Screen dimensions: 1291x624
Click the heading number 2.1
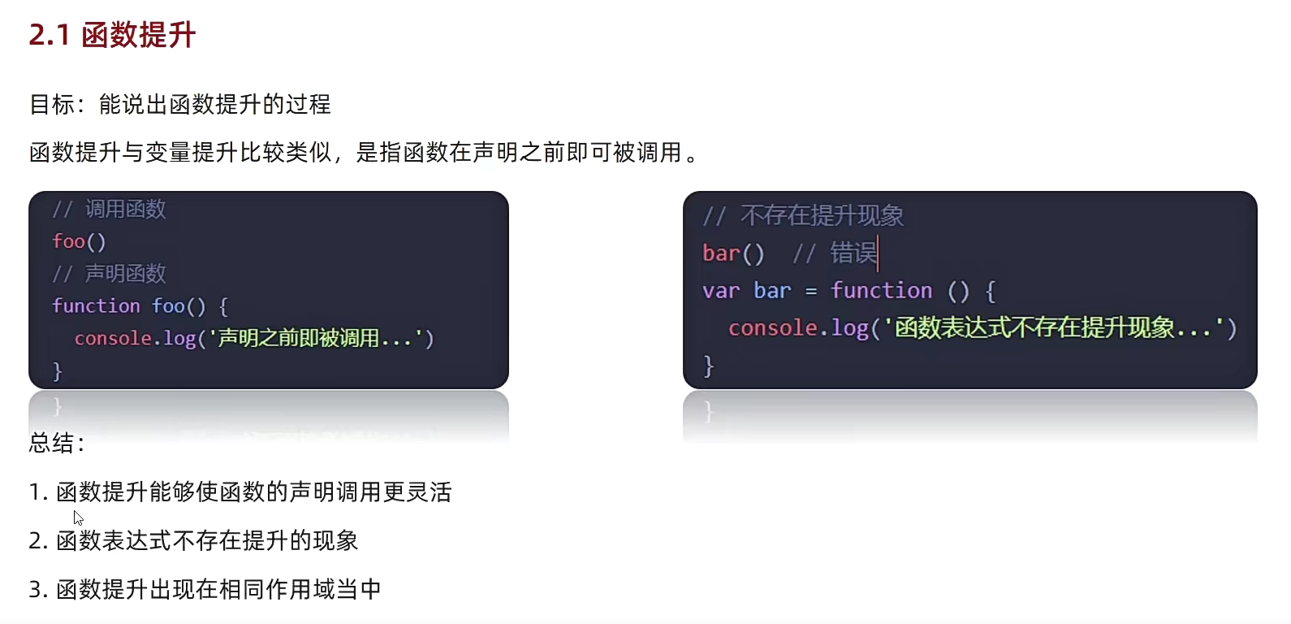tap(49, 35)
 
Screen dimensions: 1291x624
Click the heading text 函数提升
tap(139, 35)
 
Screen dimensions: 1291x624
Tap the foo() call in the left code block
tap(79, 241)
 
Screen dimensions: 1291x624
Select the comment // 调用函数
tap(110, 209)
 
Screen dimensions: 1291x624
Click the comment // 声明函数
tap(110, 274)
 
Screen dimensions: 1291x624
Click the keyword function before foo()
tap(96, 305)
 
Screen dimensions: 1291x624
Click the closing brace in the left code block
tap(57, 371)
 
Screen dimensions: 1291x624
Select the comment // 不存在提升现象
tap(803, 215)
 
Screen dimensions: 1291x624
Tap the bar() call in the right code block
tap(733, 253)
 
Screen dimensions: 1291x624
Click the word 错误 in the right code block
tap(853, 253)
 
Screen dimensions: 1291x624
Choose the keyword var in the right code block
tap(721, 291)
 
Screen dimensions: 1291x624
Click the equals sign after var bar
tap(810, 291)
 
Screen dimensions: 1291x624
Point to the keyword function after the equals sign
tap(881, 291)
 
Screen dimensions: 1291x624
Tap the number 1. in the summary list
tap(38, 492)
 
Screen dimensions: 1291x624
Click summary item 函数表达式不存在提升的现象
tap(207, 541)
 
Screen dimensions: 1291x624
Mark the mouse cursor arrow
tap(78, 518)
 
